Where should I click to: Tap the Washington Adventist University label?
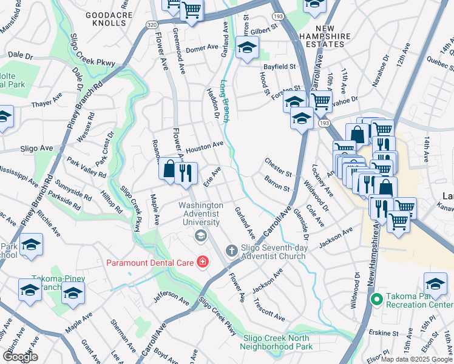199,214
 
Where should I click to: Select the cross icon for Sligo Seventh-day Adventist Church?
231,250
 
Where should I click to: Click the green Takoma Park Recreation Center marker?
376,298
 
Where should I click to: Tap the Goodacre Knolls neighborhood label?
106,18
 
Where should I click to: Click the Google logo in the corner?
20,356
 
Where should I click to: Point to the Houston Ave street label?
205,147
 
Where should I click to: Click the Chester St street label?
278,167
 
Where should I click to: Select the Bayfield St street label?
279,66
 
